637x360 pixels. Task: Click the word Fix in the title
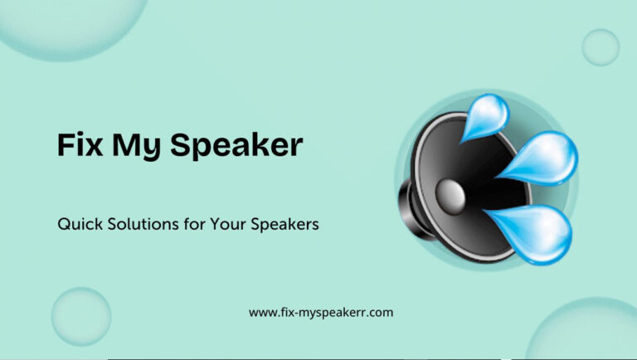click(80, 144)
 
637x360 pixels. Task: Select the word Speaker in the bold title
click(236, 146)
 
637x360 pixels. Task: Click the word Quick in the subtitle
click(80, 224)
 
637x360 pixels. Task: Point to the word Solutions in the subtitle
click(143, 224)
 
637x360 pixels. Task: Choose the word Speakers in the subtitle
click(284, 225)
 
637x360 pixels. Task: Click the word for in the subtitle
click(195, 224)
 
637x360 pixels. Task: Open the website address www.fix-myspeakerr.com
click(321, 313)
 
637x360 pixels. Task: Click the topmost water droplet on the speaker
click(487, 115)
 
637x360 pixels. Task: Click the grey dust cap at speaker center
click(450, 197)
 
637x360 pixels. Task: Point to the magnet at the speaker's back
click(411, 208)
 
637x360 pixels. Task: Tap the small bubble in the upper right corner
click(601, 47)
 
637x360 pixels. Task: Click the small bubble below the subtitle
click(81, 317)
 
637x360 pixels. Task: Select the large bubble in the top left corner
click(73, 24)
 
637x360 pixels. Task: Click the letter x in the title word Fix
click(93, 148)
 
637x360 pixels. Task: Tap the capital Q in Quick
click(64, 225)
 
